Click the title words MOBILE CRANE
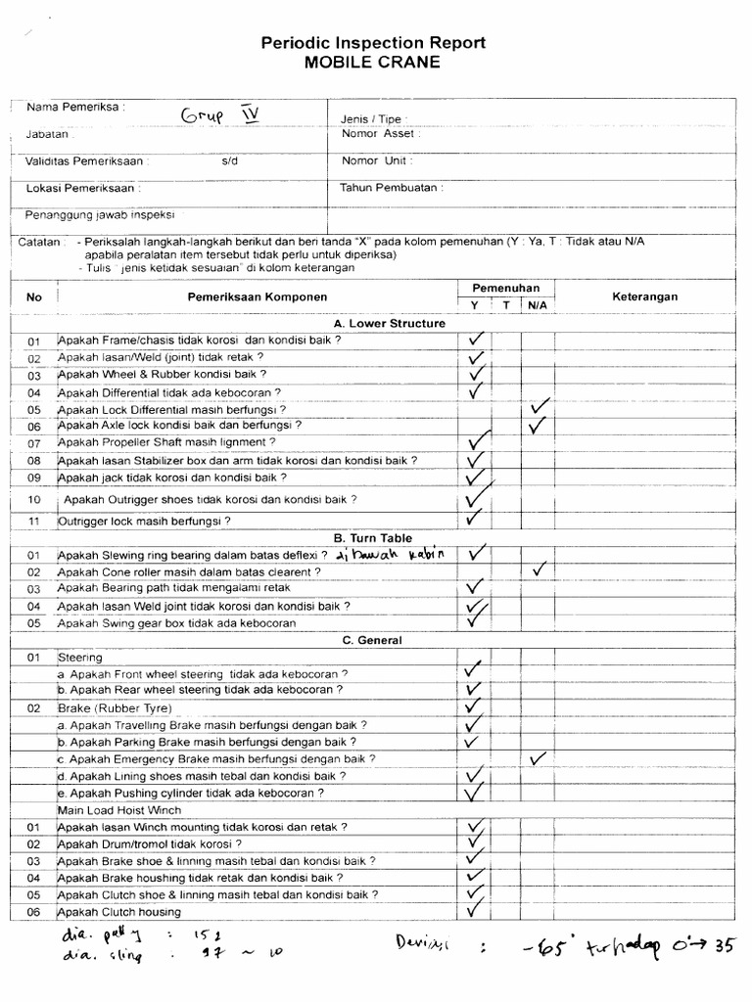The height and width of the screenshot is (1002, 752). click(372, 62)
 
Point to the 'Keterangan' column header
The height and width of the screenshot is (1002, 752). click(644, 296)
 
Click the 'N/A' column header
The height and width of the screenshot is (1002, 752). click(538, 305)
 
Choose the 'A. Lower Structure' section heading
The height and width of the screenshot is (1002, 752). click(390, 323)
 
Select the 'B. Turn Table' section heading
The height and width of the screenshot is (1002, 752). click(373, 538)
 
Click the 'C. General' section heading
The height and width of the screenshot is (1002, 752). click(373, 640)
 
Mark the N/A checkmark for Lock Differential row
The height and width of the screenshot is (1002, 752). click(539, 406)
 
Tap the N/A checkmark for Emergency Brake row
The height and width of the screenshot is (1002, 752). click(538, 758)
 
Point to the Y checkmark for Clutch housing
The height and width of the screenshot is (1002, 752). click(476, 910)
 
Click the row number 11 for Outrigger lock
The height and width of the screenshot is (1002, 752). click(34, 521)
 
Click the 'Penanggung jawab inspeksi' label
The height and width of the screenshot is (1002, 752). click(102, 214)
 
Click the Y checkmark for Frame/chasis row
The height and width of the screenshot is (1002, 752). click(477, 340)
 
